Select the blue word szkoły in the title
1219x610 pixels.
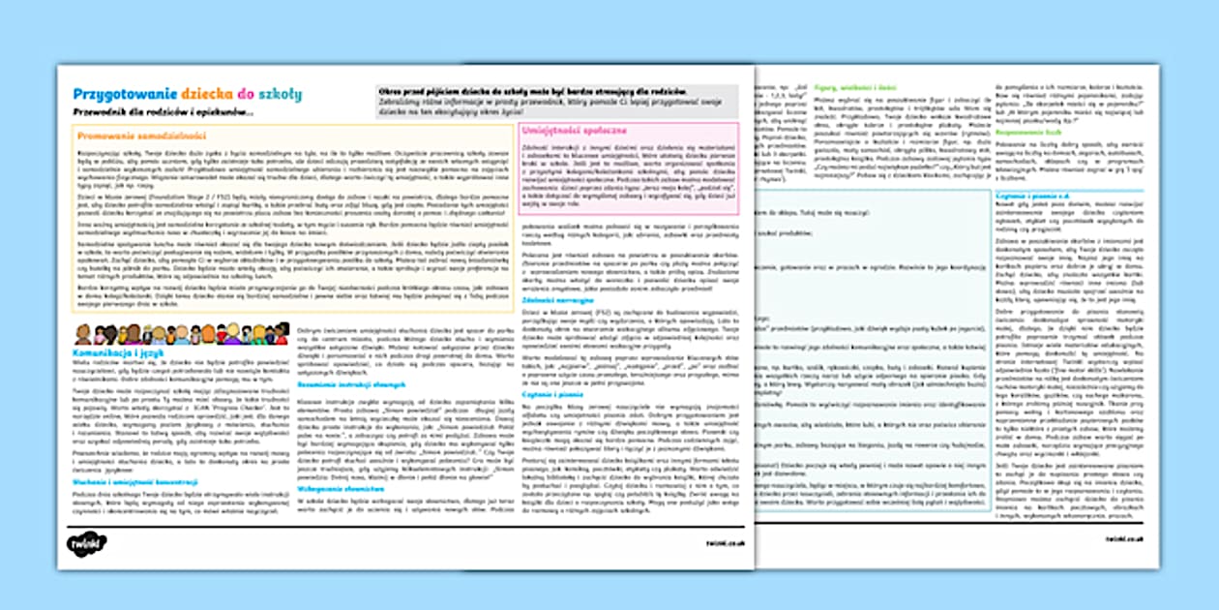[x=280, y=94]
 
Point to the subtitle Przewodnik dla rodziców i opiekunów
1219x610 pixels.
[x=163, y=113]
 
